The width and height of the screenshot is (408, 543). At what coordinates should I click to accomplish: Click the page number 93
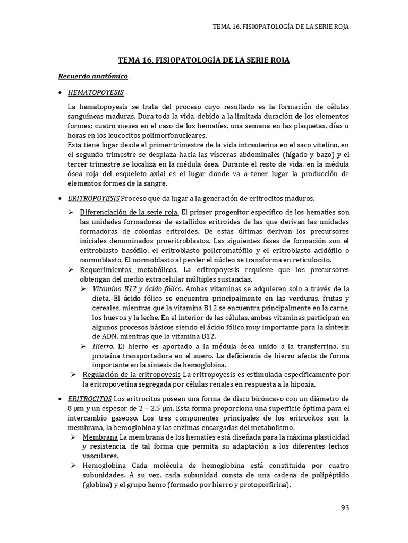tap(345, 507)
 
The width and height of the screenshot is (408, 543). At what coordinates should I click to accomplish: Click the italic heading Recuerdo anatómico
tap(92, 76)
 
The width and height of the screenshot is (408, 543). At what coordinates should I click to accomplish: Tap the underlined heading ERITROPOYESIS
tap(94, 199)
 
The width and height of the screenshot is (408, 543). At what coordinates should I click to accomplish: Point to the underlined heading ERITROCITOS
tap(90, 398)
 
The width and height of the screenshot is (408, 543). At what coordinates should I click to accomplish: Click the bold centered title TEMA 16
tap(203, 60)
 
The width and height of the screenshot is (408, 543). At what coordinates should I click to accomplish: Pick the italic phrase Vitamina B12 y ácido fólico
tap(138, 289)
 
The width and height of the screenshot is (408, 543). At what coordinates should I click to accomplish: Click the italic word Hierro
tap(103, 346)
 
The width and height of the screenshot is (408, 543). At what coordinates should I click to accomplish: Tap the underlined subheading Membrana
tap(100, 436)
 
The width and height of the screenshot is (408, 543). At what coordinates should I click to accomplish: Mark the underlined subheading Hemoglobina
tap(104, 465)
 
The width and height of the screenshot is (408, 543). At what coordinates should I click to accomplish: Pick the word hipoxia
tap(313, 384)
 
